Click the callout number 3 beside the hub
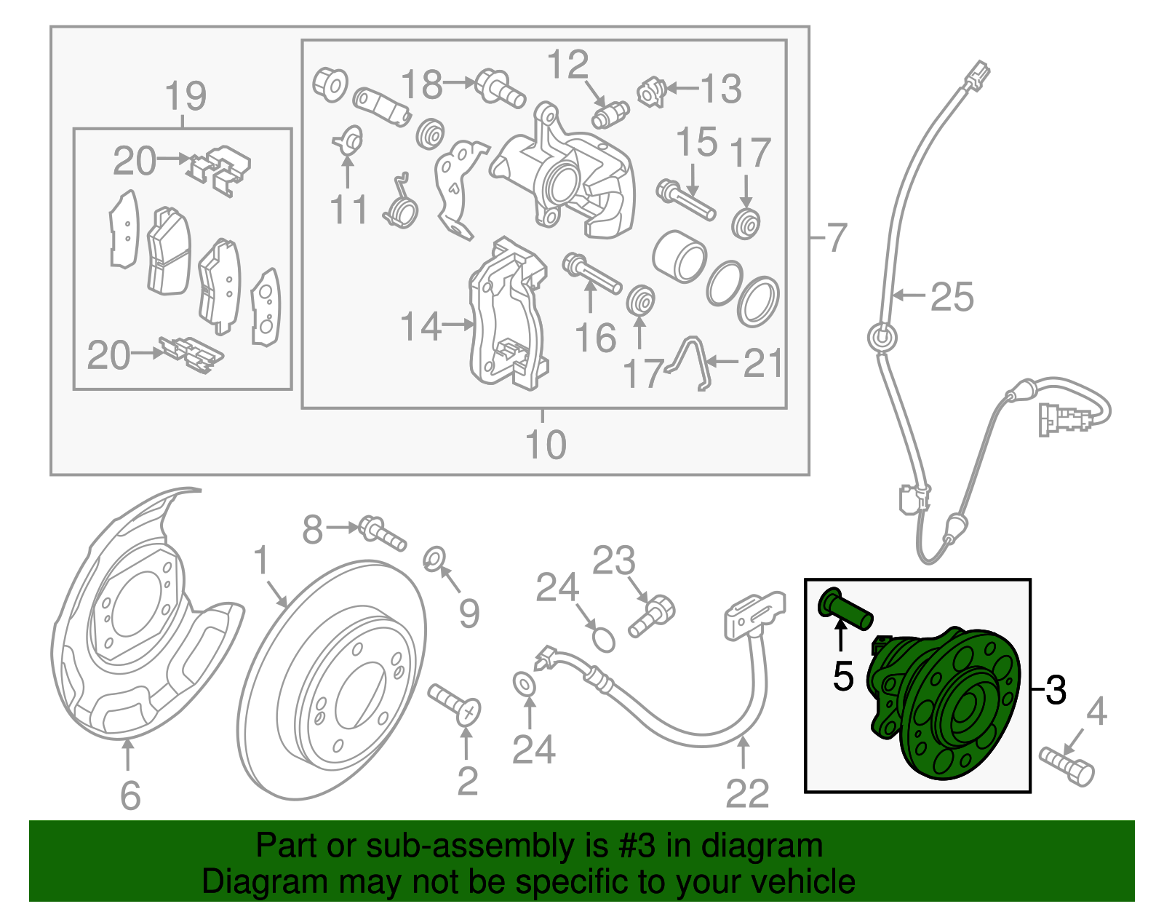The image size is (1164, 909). pyautogui.click(x=1056, y=689)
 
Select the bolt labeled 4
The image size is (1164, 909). pyautogui.click(x=1067, y=766)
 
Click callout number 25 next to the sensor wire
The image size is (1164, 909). pyautogui.click(x=952, y=297)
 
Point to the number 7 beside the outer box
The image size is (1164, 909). pyautogui.click(x=837, y=237)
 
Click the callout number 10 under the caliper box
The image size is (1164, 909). pyautogui.click(x=545, y=444)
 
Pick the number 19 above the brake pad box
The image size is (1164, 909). pyautogui.click(x=186, y=97)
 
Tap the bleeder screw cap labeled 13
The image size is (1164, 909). pyautogui.click(x=651, y=92)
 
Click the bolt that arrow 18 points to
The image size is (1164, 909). pyautogui.click(x=501, y=87)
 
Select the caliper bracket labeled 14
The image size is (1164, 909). pyautogui.click(x=507, y=313)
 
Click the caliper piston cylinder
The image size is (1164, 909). pyautogui.click(x=679, y=256)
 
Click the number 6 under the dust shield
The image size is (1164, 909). pyautogui.click(x=129, y=795)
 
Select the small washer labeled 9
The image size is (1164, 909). pyautogui.click(x=434, y=559)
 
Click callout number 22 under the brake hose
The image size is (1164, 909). pyautogui.click(x=746, y=793)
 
